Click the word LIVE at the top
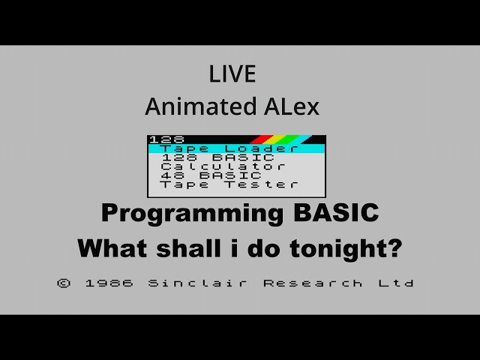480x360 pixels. tap(232, 74)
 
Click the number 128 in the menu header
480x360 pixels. tap(161, 139)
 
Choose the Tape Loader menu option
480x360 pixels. tap(229, 148)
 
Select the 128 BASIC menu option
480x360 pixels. tap(217, 157)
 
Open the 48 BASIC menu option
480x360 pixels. tap(211, 175)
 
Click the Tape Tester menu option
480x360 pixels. tap(229, 184)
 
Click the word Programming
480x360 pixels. tap(190, 214)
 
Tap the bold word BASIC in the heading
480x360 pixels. tap(332, 213)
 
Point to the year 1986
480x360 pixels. tap(109, 283)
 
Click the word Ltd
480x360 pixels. tap(397, 283)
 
